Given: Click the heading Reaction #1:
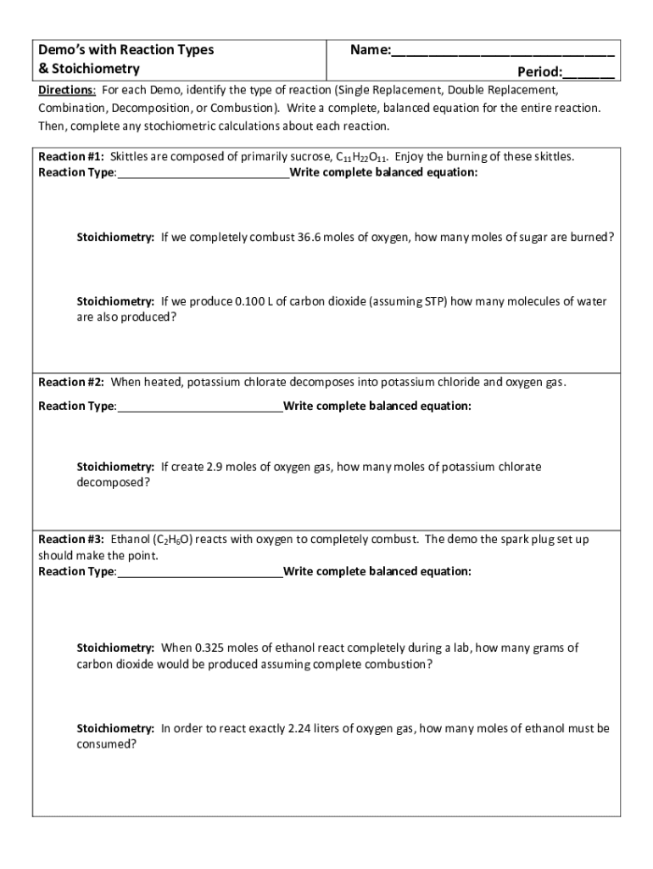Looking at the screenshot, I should (71, 157).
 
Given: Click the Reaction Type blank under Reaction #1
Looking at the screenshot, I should (204, 174).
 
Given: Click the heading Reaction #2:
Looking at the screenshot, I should (71, 383).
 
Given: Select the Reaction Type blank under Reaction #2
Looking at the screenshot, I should (200, 406).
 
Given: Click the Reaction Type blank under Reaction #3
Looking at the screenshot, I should (200, 572).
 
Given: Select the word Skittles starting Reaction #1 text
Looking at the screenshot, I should (131, 157).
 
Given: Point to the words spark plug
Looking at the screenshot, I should (511, 540).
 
